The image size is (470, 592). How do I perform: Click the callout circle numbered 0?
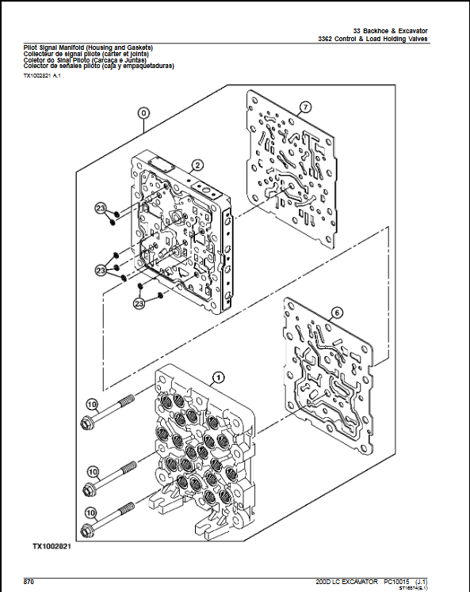(143, 112)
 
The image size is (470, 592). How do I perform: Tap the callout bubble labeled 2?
(197, 165)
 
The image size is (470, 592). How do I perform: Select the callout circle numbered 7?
(305, 107)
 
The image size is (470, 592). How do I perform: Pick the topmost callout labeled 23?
(100, 208)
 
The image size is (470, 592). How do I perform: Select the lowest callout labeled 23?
(139, 303)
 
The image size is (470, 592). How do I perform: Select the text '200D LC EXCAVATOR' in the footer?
(346, 581)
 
